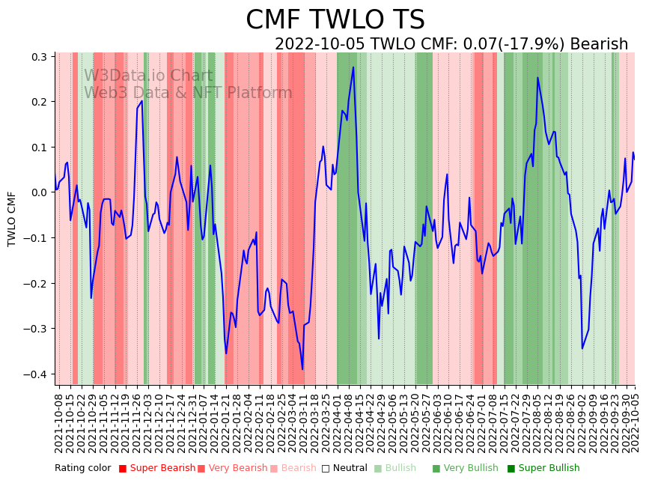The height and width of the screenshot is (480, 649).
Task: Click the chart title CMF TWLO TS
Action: click(335, 20)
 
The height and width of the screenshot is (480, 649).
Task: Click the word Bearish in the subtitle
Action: click(599, 44)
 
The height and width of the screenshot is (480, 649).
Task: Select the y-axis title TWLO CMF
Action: click(12, 219)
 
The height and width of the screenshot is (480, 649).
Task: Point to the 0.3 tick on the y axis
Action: click(38, 57)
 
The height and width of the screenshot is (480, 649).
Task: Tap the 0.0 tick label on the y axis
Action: click(38, 192)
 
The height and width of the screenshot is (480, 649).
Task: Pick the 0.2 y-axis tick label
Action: click(38, 102)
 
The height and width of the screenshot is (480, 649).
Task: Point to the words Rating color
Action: click(83, 469)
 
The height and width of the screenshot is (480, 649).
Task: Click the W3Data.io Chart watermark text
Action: click(148, 76)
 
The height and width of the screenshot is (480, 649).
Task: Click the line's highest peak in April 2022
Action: click(353, 67)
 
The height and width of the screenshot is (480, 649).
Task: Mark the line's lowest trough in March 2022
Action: click(302, 369)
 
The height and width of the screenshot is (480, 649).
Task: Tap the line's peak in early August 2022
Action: click(537, 77)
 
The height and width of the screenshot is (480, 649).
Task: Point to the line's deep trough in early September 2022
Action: click(582, 348)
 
